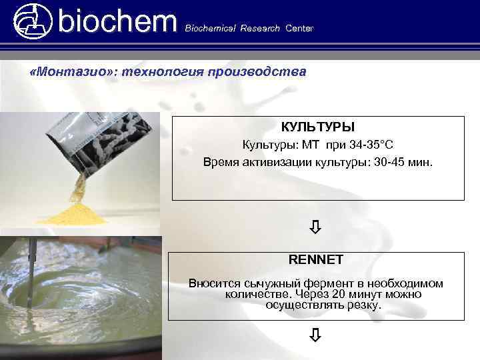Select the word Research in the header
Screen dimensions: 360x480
(261, 29)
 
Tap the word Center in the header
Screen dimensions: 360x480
(299, 29)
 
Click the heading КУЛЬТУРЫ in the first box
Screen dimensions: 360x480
(317, 127)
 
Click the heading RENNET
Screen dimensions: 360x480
(315, 259)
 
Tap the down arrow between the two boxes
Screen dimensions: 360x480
(316, 228)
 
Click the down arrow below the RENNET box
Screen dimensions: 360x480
(316, 335)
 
